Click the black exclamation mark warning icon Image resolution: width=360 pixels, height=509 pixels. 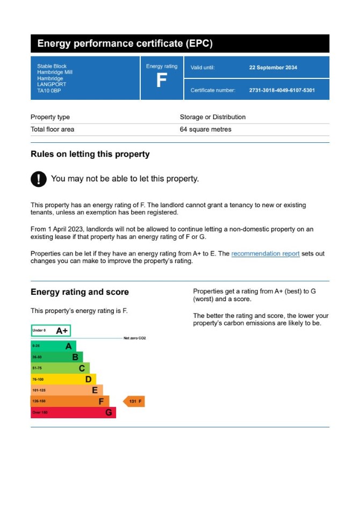39,179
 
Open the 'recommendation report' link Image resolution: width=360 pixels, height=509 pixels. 265,254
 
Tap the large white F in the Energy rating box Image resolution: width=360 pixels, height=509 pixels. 161,81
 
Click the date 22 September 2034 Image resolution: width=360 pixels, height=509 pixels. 273,68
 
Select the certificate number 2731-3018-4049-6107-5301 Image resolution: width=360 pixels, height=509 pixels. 282,90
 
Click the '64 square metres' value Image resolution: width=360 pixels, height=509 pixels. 205,129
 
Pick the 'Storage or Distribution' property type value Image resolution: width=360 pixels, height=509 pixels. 212,117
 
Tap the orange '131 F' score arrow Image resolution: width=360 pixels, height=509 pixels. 134,402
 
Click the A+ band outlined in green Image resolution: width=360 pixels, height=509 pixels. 51,331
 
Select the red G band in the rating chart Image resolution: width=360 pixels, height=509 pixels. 73,412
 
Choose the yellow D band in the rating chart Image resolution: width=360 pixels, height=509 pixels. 63,380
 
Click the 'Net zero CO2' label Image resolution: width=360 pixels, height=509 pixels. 134,338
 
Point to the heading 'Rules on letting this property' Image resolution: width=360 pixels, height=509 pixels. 90,154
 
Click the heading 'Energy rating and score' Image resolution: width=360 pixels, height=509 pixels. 80,292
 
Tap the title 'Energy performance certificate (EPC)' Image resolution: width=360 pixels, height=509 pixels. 125,44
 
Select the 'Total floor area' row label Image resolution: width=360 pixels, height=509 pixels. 53,129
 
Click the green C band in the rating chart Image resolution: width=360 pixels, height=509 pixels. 60,368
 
